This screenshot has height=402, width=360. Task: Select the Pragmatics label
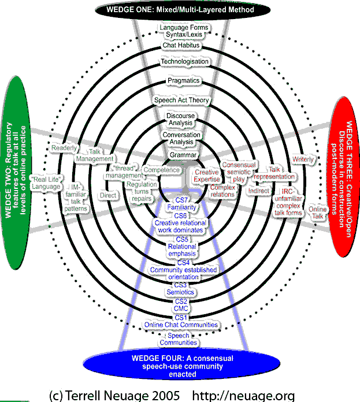tap(182, 81)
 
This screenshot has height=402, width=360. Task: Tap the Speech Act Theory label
tap(181, 100)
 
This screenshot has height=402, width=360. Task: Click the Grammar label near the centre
tap(183, 155)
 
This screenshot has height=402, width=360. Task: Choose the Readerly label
tap(64, 148)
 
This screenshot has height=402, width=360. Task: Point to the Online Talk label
tap(317, 212)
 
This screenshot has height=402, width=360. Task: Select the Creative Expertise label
tap(206, 176)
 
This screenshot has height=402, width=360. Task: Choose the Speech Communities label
tap(183, 339)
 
